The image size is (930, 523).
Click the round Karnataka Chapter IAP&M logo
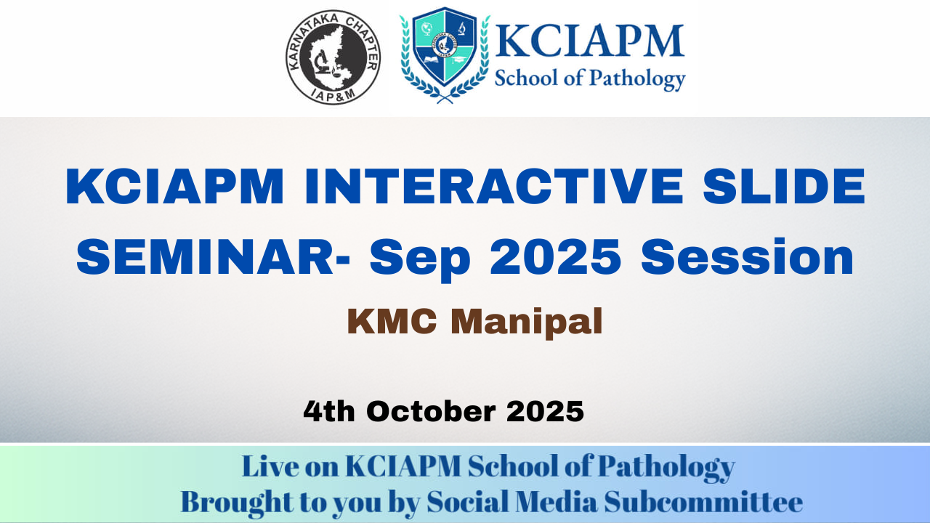(x=333, y=57)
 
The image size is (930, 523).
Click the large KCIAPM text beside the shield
(x=589, y=41)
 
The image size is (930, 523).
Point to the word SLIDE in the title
(x=784, y=186)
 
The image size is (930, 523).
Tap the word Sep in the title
(x=420, y=259)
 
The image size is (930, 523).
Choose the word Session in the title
(x=748, y=257)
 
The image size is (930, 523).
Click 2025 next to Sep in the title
(x=556, y=257)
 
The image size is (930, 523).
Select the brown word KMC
(x=392, y=321)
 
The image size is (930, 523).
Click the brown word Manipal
(x=527, y=323)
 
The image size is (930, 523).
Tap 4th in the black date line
(x=329, y=411)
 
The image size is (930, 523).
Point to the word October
(x=431, y=411)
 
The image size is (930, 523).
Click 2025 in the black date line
(x=545, y=411)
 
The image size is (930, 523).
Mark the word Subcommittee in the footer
(x=703, y=502)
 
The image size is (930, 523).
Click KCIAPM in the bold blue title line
(x=175, y=186)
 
